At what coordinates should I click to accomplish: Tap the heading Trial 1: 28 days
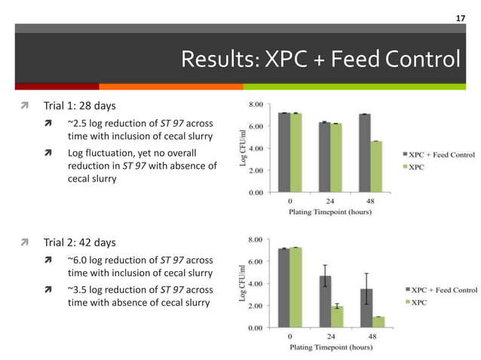point(79,105)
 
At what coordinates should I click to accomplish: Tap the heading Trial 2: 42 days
point(79,243)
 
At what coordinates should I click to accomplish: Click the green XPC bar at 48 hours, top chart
point(376,166)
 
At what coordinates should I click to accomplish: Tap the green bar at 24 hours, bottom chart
point(336,316)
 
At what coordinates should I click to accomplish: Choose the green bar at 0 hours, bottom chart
point(296,287)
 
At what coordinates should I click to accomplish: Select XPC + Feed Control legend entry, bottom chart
point(441,290)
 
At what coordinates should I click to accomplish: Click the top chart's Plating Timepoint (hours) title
point(329,212)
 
